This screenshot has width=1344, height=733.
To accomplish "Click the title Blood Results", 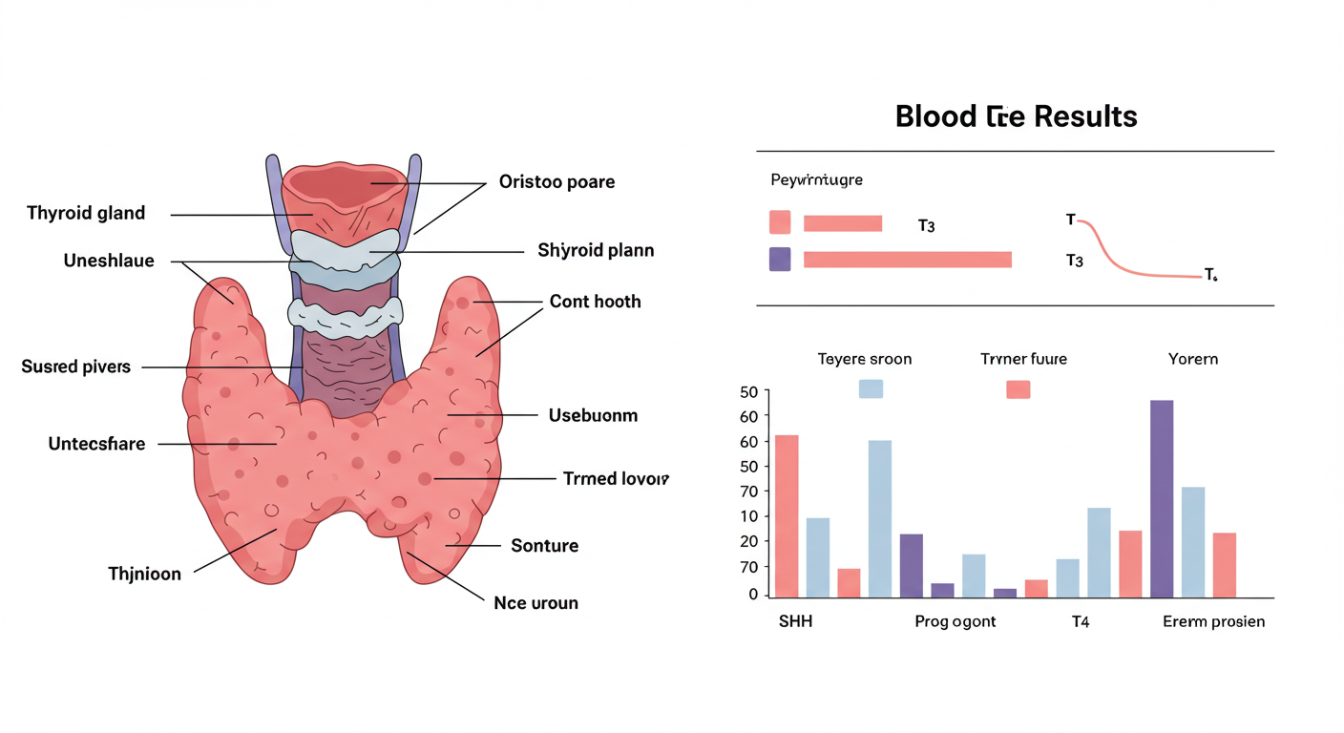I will pyautogui.click(x=1016, y=116).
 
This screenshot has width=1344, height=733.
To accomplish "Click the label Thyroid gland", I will pyautogui.click(x=86, y=213).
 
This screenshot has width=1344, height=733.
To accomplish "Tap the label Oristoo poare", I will pyautogui.click(x=556, y=181).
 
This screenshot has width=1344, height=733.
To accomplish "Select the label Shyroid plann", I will pyautogui.click(x=596, y=251).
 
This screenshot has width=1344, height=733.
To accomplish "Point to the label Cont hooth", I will pyautogui.click(x=595, y=302).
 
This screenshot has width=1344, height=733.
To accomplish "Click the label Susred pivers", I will pyautogui.click(x=75, y=366).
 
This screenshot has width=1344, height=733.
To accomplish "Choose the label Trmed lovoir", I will pyautogui.click(x=616, y=478).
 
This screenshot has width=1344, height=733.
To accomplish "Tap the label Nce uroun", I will pyautogui.click(x=535, y=603).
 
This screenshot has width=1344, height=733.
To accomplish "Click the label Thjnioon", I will pyautogui.click(x=144, y=575).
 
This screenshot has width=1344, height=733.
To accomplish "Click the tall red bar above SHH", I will pyautogui.click(x=787, y=515).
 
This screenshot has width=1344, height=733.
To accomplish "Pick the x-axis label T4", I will pyautogui.click(x=1080, y=622).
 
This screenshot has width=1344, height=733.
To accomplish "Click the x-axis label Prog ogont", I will pyautogui.click(x=955, y=622).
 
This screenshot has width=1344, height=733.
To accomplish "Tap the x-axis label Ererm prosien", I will pyautogui.click(x=1213, y=622).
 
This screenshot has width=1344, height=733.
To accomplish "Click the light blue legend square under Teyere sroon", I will pyautogui.click(x=871, y=388).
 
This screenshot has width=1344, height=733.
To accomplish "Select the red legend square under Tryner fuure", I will pyautogui.click(x=1018, y=388).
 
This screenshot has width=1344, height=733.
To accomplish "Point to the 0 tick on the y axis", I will pyautogui.click(x=753, y=595).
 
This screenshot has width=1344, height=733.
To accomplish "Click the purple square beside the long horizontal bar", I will pyautogui.click(x=780, y=260).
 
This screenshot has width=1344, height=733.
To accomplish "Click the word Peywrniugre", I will pyautogui.click(x=816, y=179).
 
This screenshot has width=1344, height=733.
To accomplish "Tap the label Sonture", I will pyautogui.click(x=544, y=546).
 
